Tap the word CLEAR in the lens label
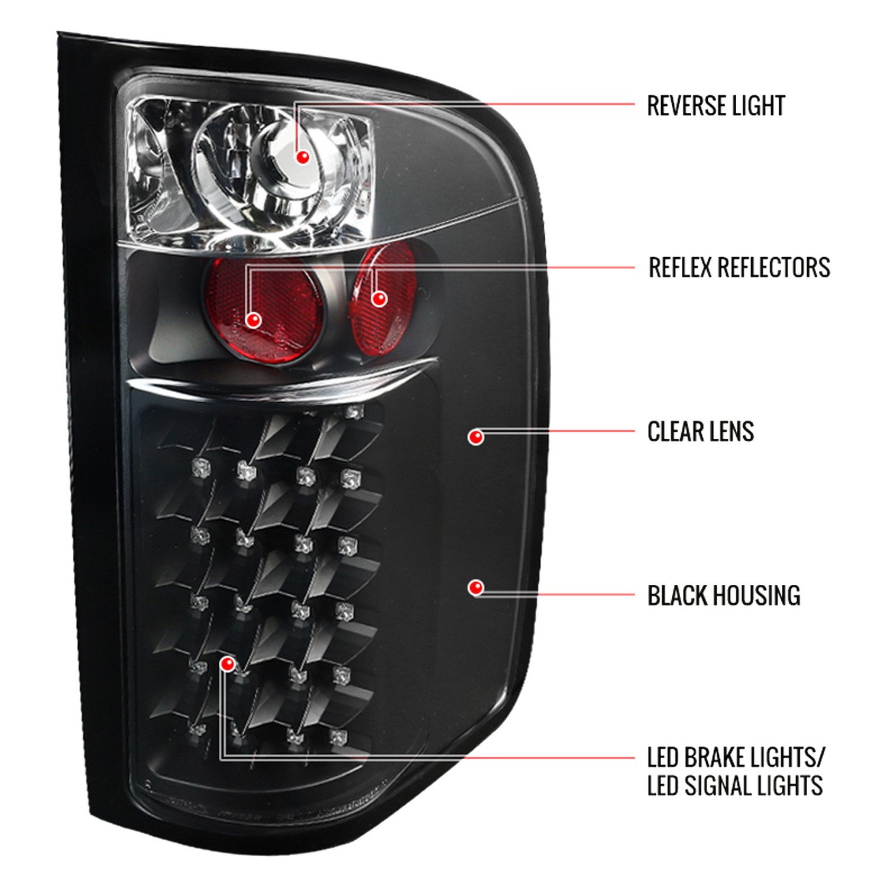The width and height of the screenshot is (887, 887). click(675, 432)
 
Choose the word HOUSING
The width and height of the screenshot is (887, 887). click(757, 595)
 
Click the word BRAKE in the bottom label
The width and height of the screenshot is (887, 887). click(715, 757)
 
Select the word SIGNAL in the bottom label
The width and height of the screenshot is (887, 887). click(716, 786)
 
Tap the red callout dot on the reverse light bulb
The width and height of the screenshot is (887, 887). click(303, 157)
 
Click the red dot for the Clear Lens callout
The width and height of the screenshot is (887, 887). click(475, 437)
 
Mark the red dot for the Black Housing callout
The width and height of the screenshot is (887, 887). click(475, 588)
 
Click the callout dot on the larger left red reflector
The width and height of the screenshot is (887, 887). click(254, 320)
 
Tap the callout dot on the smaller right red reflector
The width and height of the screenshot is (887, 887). click(379, 299)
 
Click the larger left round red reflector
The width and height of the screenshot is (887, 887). click(265, 310)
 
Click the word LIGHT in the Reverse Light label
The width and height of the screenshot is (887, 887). click(760, 106)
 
